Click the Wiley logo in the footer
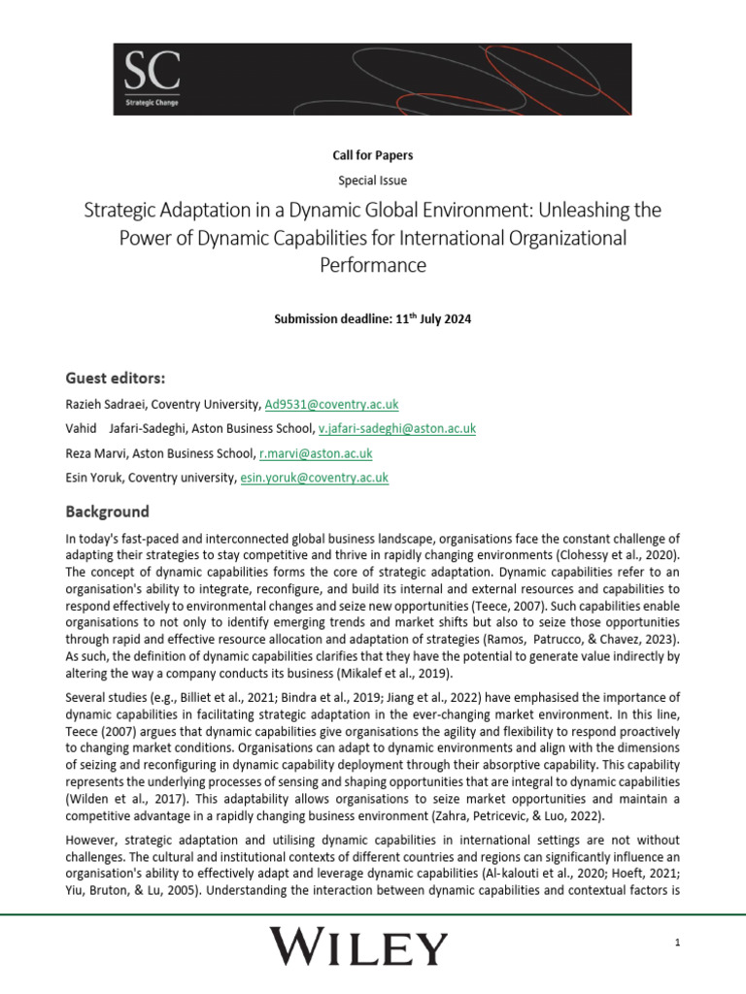358,945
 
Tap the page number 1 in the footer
675,943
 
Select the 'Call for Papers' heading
373,154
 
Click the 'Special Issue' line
373,180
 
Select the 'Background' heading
107,511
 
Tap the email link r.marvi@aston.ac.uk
315,453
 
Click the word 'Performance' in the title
373,263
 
